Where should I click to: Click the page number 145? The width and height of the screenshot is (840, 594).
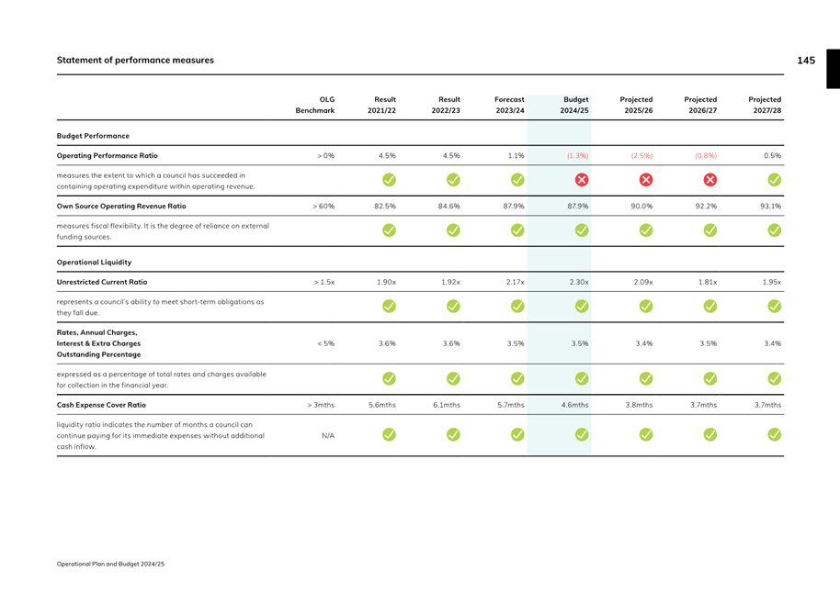805,61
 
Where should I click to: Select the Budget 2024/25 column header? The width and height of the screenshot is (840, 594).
574,105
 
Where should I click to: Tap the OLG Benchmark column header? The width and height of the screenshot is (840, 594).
313,105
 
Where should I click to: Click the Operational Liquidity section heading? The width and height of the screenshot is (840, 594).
96,262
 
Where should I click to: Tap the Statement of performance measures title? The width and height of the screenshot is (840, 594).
135,61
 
